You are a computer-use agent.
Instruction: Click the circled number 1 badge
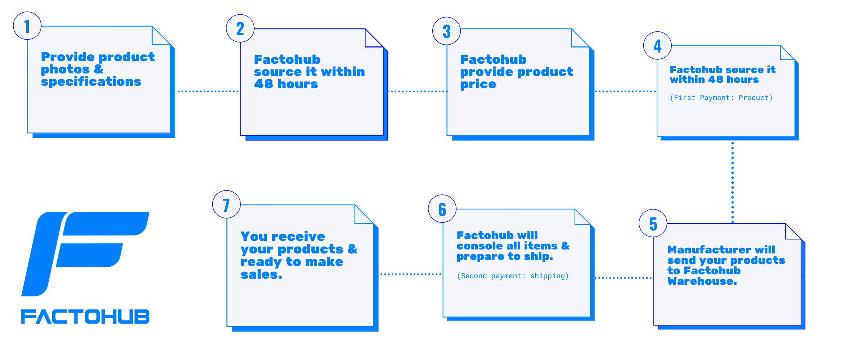27,26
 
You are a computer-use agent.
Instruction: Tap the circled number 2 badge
240,28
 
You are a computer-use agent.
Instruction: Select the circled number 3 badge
446,31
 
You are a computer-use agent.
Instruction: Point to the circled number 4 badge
657,46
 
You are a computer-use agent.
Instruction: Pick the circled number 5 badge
653,223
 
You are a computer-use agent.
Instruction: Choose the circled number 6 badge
442,209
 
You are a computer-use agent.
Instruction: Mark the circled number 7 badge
226,204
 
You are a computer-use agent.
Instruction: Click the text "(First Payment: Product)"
721,98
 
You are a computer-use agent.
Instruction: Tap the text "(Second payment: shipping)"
513,276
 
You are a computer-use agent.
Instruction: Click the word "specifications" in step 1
91,82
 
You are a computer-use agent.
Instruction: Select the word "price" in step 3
478,85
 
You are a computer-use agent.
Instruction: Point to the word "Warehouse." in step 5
702,281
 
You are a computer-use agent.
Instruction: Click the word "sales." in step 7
261,275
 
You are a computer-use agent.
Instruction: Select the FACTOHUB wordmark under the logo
85,316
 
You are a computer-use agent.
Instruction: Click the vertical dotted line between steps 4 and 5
732,183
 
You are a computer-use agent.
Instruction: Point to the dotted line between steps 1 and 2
208,91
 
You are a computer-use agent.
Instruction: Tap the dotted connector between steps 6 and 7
411,274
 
